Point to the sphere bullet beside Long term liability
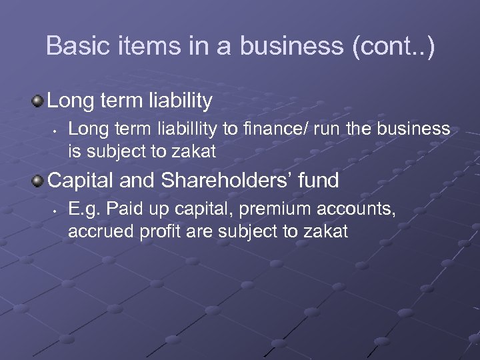click(x=38, y=102)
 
